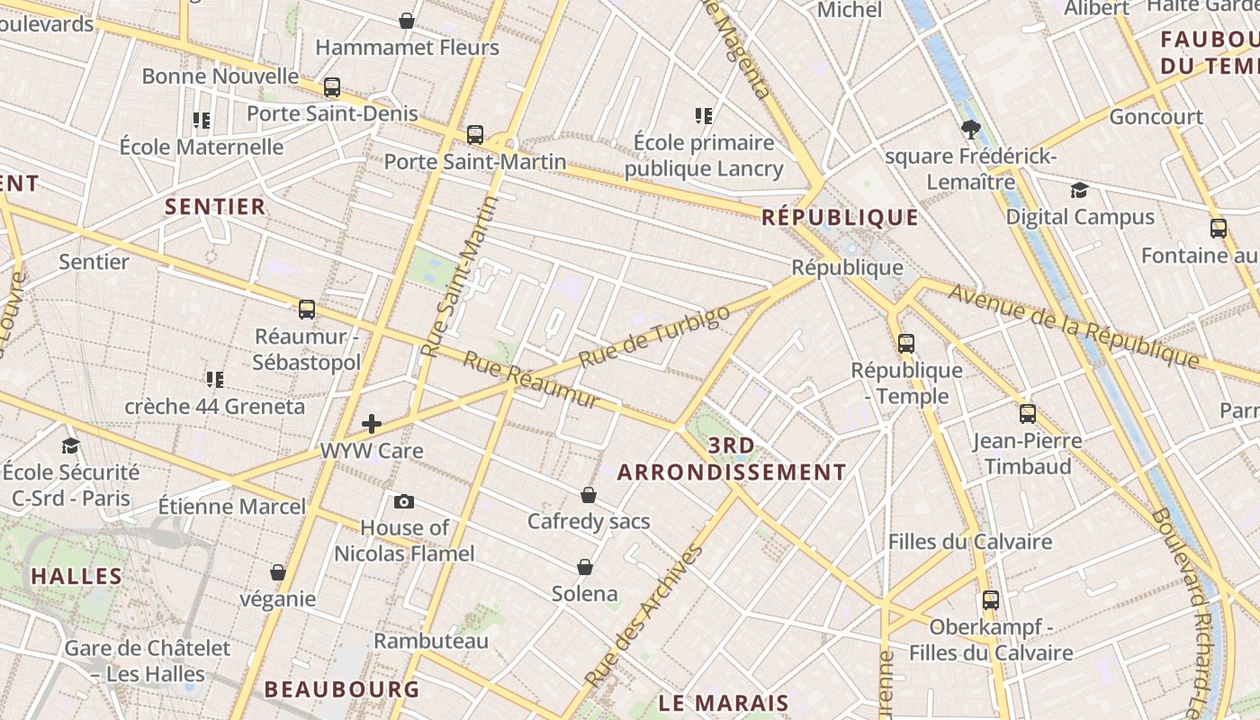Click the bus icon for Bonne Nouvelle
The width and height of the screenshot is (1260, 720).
(332, 87)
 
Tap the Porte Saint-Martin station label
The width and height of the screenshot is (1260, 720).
(475, 162)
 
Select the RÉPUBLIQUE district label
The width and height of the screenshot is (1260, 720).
(840, 217)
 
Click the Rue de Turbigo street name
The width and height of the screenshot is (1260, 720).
(654, 336)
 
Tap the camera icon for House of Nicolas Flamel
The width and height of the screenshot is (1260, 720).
(404, 501)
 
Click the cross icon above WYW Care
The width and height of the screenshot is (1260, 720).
(372, 424)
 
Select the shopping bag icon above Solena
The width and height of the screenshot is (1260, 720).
(585, 567)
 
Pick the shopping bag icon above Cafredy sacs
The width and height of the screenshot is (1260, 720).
(589, 495)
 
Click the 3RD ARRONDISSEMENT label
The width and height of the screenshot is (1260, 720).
(732, 459)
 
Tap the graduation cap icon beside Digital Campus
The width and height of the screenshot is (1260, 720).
(1079, 190)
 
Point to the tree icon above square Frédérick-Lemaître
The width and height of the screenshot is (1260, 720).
(970, 130)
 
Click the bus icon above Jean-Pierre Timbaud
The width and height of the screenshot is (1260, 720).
(1028, 414)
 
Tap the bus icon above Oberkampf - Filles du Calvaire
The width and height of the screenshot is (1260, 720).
(991, 600)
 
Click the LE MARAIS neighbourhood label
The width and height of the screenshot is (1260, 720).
(724, 703)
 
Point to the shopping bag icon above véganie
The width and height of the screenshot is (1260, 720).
(278, 572)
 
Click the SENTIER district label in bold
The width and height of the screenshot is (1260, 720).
(215, 207)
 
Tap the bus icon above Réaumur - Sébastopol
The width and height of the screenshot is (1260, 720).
(307, 310)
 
